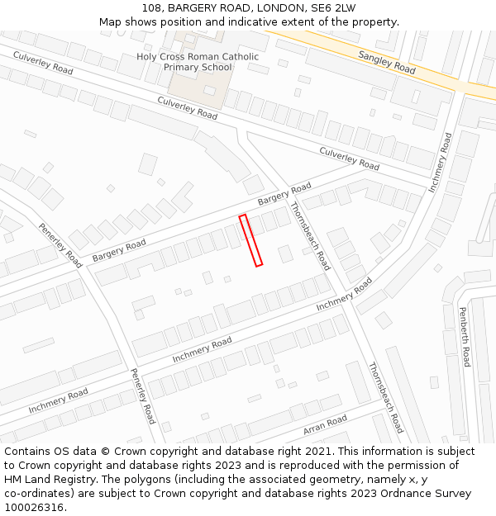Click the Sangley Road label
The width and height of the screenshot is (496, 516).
pyautogui.click(x=387, y=62)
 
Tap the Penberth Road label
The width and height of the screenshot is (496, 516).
pyautogui.click(x=465, y=337)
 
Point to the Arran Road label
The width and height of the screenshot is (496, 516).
pyautogui.click(x=325, y=425)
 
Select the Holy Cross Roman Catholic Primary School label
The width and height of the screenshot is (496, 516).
pyautogui.click(x=198, y=62)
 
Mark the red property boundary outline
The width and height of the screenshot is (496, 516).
pyautogui.click(x=250, y=240)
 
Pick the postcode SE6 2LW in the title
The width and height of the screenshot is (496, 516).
pyautogui.click(x=333, y=8)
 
